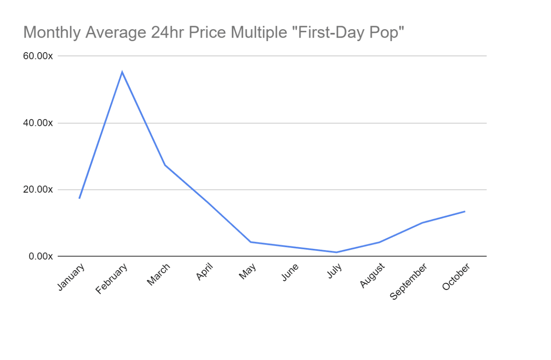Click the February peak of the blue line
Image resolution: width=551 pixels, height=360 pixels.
click(x=122, y=72)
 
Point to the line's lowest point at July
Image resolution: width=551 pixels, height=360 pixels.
click(x=336, y=252)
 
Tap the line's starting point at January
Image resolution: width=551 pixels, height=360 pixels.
click(x=79, y=198)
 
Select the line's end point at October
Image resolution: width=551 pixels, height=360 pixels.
click(x=465, y=211)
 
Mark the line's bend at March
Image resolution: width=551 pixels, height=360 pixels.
click(x=165, y=165)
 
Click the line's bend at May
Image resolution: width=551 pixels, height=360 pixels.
click(x=251, y=242)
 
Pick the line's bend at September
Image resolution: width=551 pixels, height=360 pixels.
click(x=422, y=223)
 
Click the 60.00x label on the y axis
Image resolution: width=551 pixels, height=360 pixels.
click(x=38, y=56)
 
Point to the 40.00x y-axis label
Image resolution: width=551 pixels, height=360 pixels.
click(x=38, y=123)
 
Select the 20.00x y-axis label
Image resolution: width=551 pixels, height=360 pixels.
click(x=38, y=189)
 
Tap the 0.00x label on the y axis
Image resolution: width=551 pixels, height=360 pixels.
click(x=41, y=256)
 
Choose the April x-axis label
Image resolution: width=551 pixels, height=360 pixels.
click(x=204, y=271)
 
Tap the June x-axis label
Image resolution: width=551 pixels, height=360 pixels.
click(x=290, y=272)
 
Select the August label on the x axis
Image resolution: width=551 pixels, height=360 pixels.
click(x=372, y=275)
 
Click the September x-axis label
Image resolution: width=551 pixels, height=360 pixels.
click(x=408, y=281)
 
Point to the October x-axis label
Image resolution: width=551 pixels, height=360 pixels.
click(x=456, y=277)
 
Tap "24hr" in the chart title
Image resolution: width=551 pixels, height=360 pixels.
click(x=167, y=32)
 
